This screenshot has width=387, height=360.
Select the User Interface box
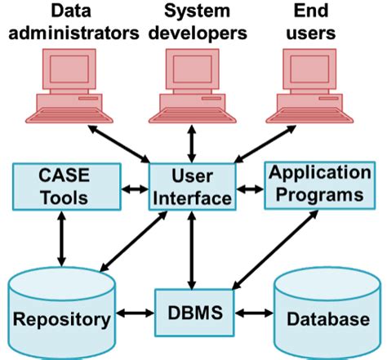(192, 186)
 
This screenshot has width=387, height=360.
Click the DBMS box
(193, 312)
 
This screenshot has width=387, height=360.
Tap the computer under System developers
(193, 85)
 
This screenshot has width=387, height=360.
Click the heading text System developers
(193, 23)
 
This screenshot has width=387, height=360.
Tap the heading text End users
(314, 23)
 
